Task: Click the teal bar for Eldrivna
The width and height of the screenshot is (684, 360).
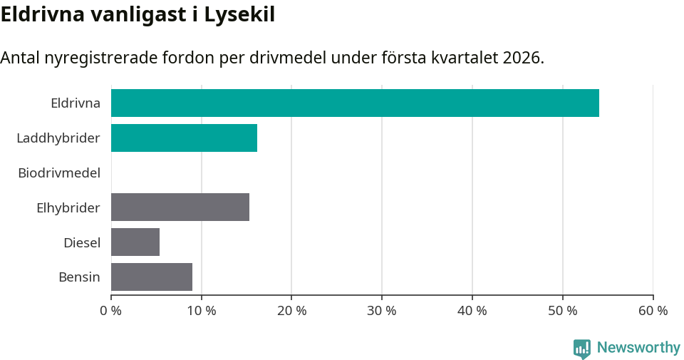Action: coord(355,103)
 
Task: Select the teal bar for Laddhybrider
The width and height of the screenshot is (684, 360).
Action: coord(184,138)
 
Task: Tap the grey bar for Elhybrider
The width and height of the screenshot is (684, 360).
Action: coord(180,207)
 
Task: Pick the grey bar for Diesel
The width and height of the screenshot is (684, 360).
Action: coord(135,242)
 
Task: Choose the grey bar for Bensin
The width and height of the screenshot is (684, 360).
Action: coord(152,277)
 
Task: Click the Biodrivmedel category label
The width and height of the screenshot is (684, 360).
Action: coord(59,173)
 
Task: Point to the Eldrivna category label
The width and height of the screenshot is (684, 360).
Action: coord(76,103)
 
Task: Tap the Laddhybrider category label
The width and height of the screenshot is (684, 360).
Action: coord(58,138)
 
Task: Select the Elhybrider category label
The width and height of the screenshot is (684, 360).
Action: coord(68,207)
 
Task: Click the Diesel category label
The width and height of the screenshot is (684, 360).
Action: coord(82,242)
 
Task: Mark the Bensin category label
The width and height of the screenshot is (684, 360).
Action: coord(79,277)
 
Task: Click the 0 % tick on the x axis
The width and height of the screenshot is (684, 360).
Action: coord(111,311)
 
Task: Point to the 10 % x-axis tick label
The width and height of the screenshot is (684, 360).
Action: coord(202,311)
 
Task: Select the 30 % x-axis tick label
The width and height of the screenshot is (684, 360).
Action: coord(382,311)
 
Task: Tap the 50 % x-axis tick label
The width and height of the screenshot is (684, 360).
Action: coord(563,311)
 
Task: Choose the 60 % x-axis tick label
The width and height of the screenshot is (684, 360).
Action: coord(653,311)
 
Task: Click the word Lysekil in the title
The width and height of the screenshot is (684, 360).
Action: coord(239,14)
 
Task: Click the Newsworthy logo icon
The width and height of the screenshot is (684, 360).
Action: coord(582,348)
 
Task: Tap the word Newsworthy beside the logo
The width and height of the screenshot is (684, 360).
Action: coord(638,348)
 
